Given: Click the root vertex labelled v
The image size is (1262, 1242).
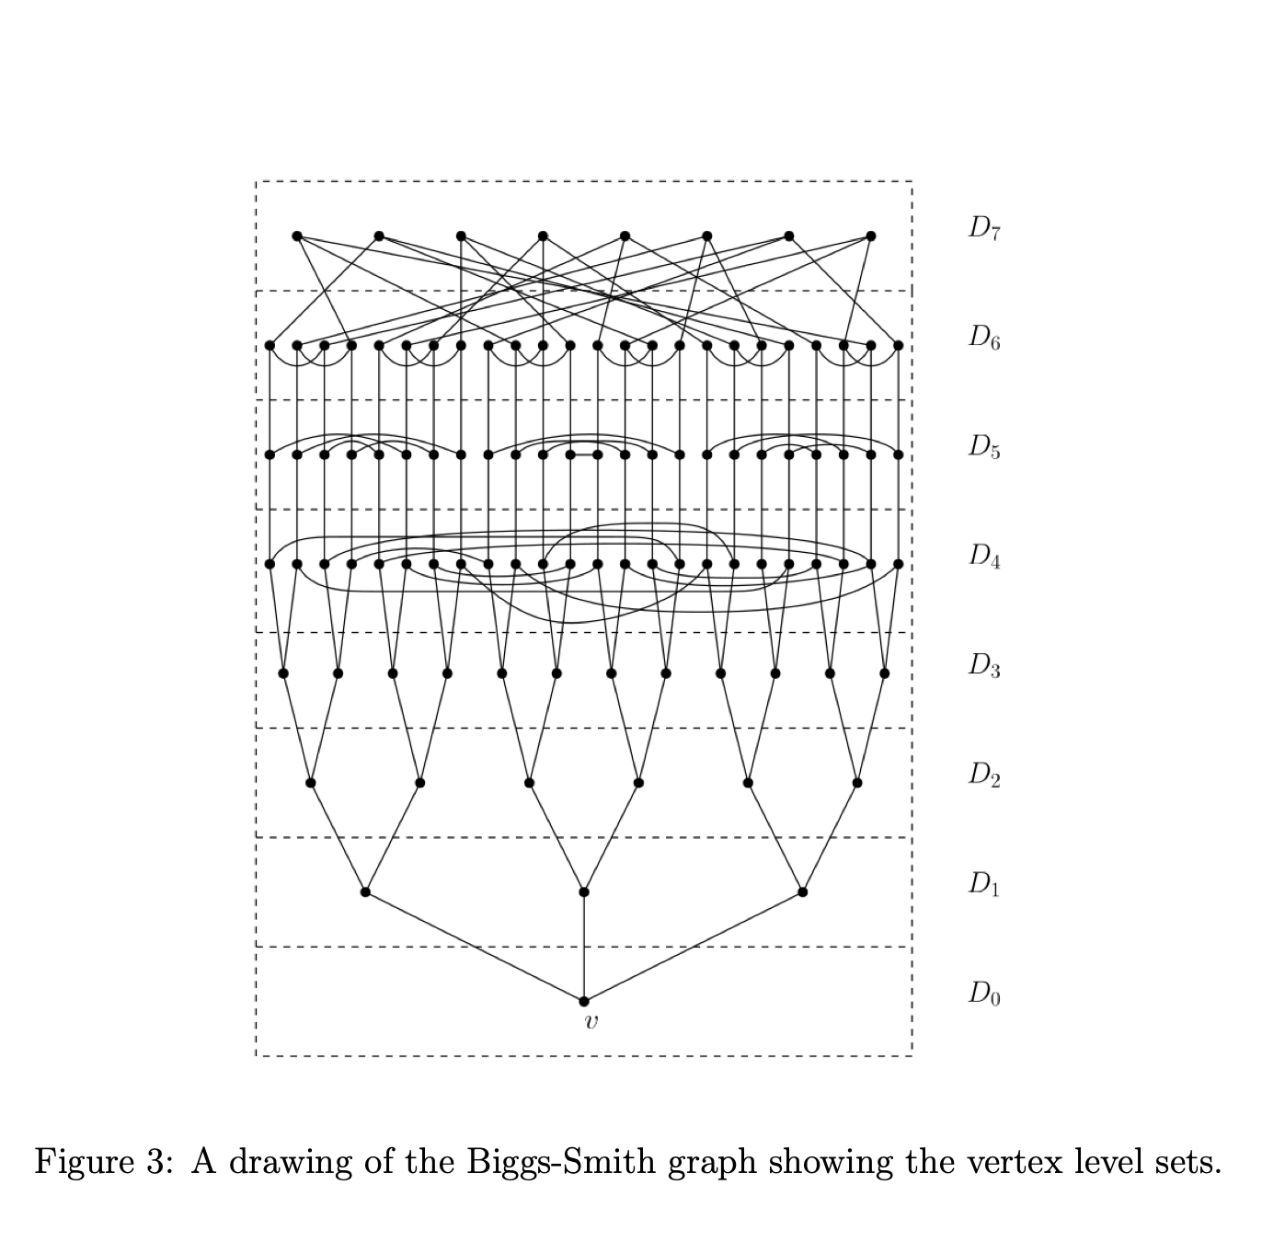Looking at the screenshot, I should pyautogui.click(x=584, y=1001).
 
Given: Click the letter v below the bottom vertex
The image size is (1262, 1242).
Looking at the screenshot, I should pyautogui.click(x=591, y=1021).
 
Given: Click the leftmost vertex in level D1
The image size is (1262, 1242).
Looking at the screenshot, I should pyautogui.click(x=365, y=892).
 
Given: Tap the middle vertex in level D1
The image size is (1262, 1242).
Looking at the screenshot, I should pyautogui.click(x=584, y=892).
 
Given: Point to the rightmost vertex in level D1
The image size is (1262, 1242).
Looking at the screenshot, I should pyautogui.click(x=803, y=892).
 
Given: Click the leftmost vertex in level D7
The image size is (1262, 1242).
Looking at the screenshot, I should pyautogui.click(x=296, y=236).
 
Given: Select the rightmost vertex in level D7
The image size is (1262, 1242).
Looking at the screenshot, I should pyautogui.click(x=871, y=236).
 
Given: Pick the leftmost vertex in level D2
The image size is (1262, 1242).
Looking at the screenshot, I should pyautogui.click(x=310, y=783).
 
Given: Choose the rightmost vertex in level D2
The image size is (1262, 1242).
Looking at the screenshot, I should pyautogui.click(x=857, y=783).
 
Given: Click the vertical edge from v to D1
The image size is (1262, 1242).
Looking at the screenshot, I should pyautogui.click(x=584, y=948).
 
